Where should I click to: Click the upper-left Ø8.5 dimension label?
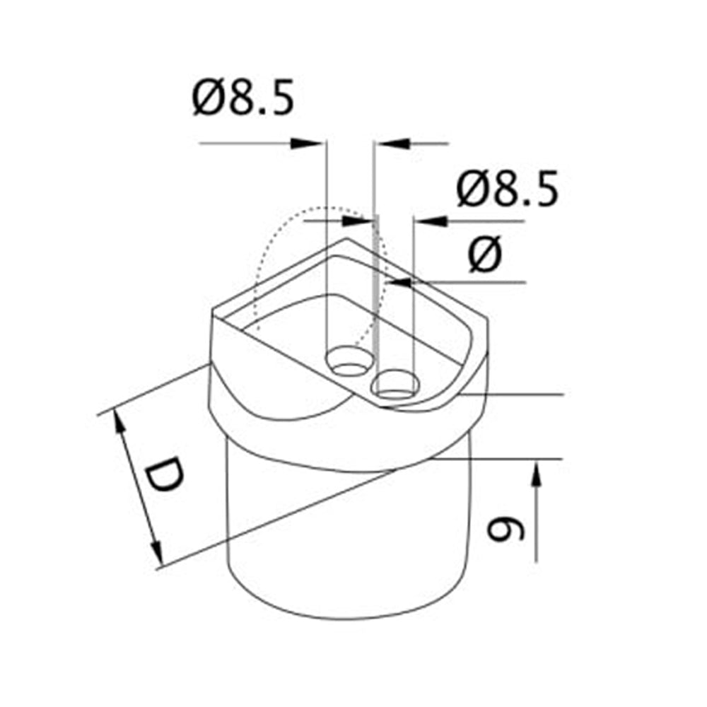point(242,100)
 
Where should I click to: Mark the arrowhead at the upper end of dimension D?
point(119,423)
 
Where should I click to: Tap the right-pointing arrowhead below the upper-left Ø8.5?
point(308,144)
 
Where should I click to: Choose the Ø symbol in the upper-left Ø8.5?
point(206,100)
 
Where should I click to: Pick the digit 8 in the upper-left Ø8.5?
point(243,100)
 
